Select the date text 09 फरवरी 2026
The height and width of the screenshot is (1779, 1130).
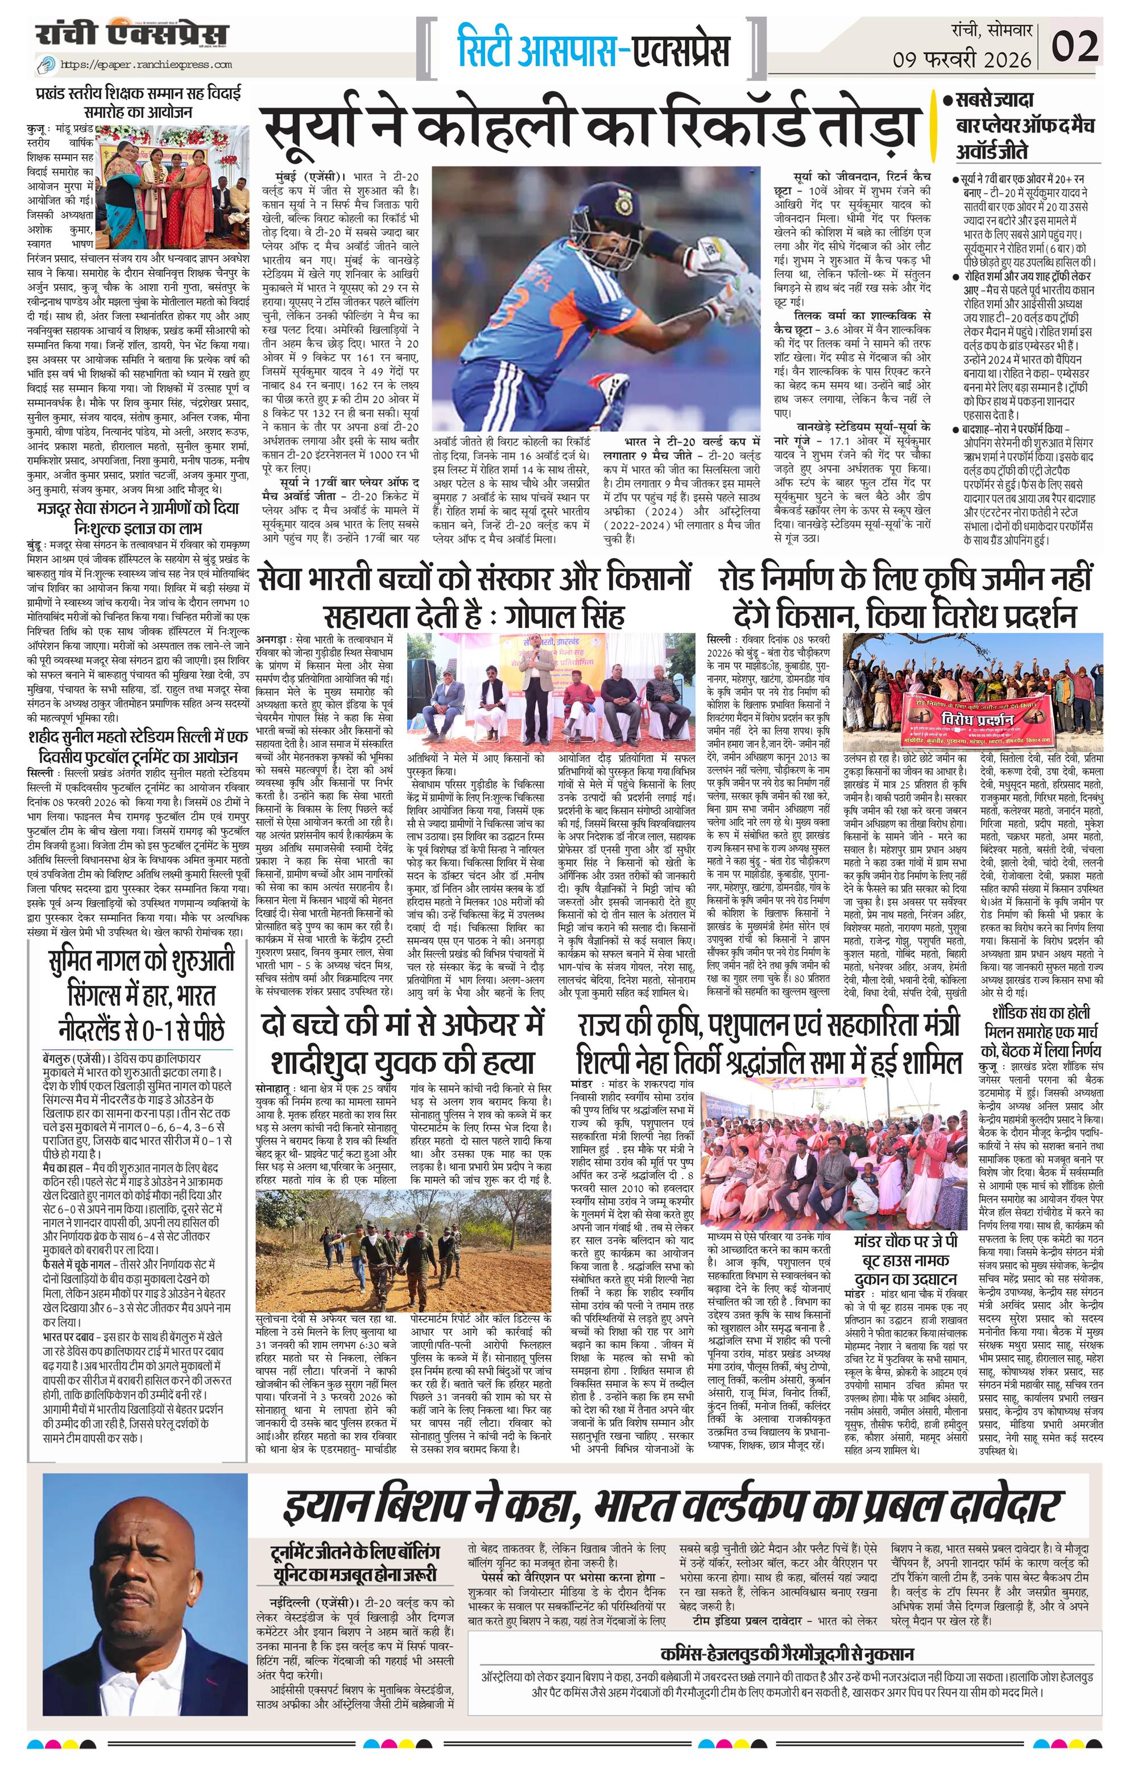pos(961,59)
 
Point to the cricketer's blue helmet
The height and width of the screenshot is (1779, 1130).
pos(584,209)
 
